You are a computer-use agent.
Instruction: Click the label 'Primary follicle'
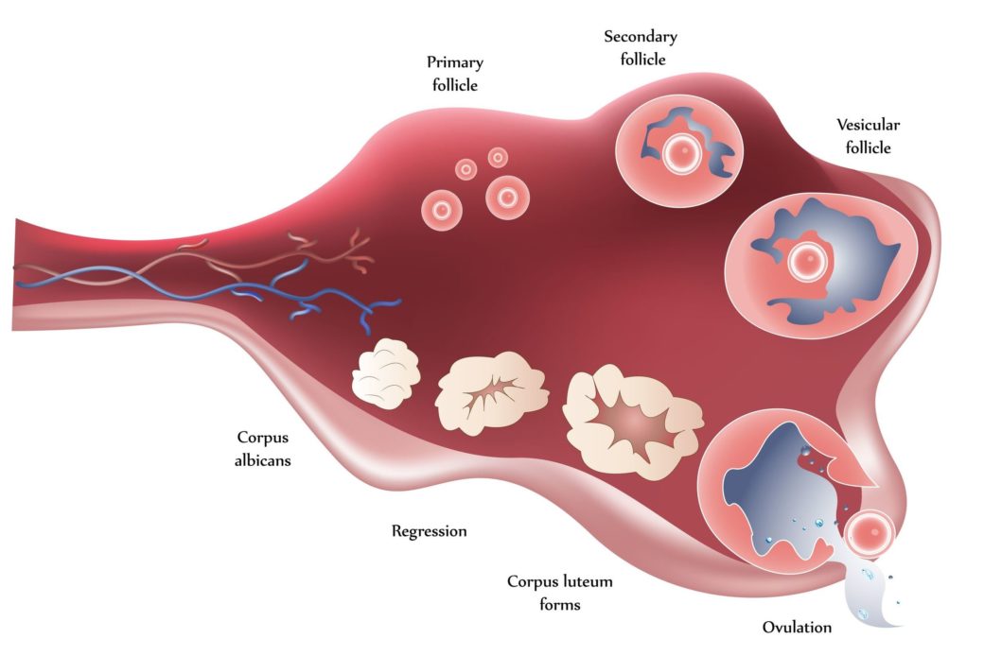[454, 73]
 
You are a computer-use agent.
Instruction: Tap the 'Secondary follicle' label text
[641, 47]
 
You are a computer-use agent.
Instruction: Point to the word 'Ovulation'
[797, 627]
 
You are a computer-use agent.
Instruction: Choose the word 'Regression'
[429, 531]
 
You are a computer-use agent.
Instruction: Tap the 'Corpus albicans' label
[263, 449]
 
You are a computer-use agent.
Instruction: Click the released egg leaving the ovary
[868, 534]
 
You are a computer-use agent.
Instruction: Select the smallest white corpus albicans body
[386, 374]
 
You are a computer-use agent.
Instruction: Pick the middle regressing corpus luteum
[492, 388]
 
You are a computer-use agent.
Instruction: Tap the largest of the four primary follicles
[506, 197]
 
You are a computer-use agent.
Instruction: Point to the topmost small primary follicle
[497, 157]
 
